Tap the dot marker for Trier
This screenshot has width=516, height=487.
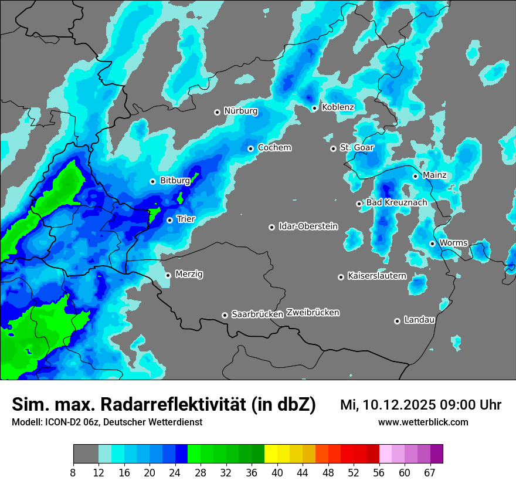tap(169, 220)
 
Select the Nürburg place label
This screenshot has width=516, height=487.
tap(240, 111)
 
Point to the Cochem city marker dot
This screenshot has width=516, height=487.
tap(250, 148)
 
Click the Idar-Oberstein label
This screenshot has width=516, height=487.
tap(308, 226)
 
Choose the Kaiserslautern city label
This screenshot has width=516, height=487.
tap(376, 276)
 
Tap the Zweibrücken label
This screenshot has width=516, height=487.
tap(313, 313)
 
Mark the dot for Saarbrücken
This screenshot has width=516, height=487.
tap(225, 315)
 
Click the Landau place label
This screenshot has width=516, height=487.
tap(419, 320)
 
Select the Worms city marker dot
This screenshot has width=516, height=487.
tap(432, 243)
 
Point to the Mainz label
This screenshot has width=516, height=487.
tap(434, 175)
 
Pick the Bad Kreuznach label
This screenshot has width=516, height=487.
tap(396, 203)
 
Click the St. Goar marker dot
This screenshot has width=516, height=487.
tap(333, 148)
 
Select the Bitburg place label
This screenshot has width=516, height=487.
tap(175, 181)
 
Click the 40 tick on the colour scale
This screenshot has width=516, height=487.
tap(277, 472)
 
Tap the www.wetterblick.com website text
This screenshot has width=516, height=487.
tap(423, 422)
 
